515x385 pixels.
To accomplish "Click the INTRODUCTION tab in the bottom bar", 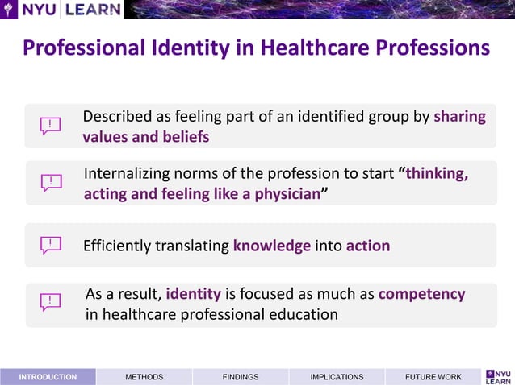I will pyautogui.click(x=48, y=376).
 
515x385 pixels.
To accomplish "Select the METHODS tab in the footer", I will pyautogui.click(x=144, y=376).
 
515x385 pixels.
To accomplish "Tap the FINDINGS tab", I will pyautogui.click(x=241, y=376).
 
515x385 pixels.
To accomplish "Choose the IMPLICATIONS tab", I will pyautogui.click(x=337, y=376).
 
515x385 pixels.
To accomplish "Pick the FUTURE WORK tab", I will pyautogui.click(x=433, y=376).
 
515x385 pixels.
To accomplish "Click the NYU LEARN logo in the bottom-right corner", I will pyautogui.click(x=497, y=375).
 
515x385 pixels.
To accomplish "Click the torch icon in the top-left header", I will pyautogui.click(x=10, y=10).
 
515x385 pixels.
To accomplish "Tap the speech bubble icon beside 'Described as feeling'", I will pyautogui.click(x=51, y=126).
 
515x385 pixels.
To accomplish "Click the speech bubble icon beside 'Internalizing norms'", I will pyautogui.click(x=51, y=183).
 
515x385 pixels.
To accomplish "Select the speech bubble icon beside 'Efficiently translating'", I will pyautogui.click(x=51, y=245).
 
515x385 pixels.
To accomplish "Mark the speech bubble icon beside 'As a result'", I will pyautogui.click(x=51, y=303).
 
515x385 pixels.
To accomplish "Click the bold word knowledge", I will pyautogui.click(x=272, y=246).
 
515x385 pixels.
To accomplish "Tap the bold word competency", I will pyautogui.click(x=421, y=294).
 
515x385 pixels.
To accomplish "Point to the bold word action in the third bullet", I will pyautogui.click(x=368, y=246).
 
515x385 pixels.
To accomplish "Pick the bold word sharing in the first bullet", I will pyautogui.click(x=459, y=116).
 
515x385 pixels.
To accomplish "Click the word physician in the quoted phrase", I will pyautogui.click(x=284, y=194).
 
